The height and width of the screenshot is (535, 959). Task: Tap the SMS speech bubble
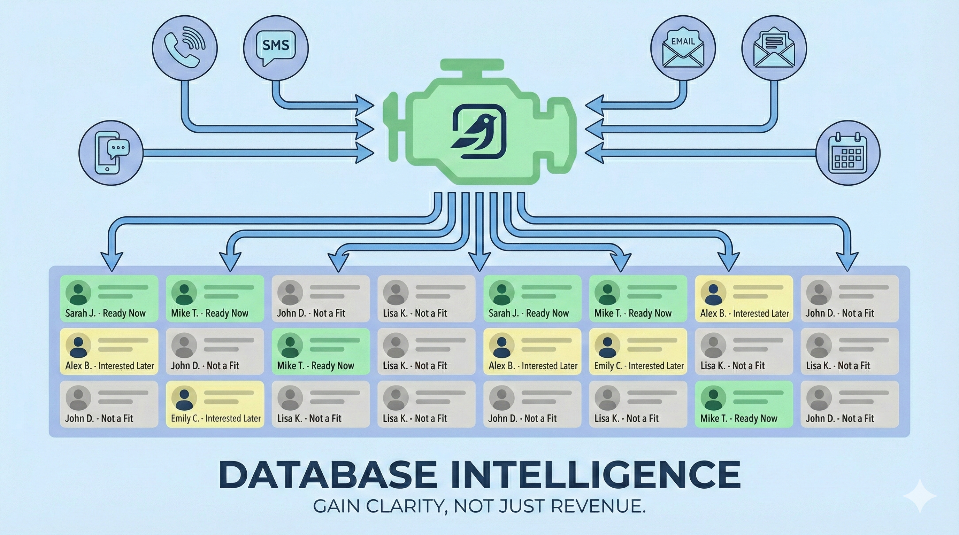(x=276, y=48)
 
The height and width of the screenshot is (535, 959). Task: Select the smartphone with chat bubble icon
(x=111, y=153)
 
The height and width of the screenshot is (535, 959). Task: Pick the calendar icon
(x=848, y=153)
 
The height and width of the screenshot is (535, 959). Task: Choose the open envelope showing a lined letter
(x=774, y=48)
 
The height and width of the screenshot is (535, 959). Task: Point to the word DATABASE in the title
(x=328, y=475)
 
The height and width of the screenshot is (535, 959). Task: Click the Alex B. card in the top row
(x=744, y=298)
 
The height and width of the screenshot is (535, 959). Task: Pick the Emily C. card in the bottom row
(x=215, y=404)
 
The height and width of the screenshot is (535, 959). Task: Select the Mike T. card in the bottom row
(x=744, y=404)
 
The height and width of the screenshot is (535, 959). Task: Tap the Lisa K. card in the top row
(x=426, y=298)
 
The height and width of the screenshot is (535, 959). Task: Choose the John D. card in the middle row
(x=215, y=351)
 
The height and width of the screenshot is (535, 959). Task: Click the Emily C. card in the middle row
(x=638, y=351)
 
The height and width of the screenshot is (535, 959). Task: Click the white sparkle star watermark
(x=920, y=496)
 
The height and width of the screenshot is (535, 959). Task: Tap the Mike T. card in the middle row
(x=321, y=351)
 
